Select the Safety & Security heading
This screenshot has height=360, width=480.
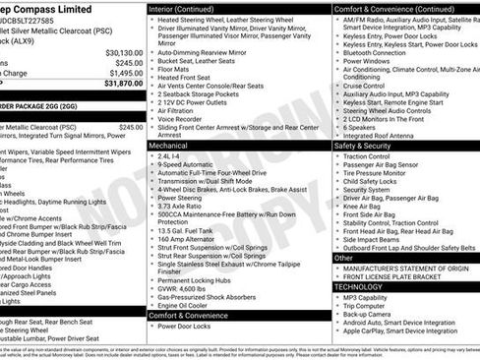point(370,145)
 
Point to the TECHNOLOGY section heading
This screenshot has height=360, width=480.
point(364,286)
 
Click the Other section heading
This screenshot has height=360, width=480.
point(344,258)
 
